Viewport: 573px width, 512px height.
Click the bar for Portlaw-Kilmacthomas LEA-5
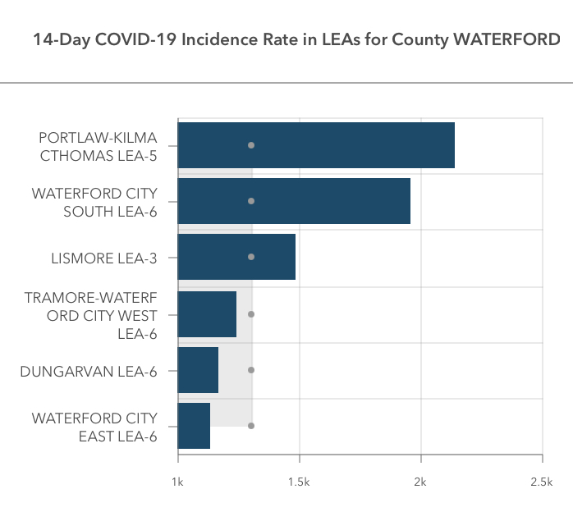316,145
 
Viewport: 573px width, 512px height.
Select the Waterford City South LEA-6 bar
294,201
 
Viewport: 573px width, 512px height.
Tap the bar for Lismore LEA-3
236,257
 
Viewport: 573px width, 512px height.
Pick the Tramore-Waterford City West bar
207,313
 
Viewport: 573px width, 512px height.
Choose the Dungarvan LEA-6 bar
198,370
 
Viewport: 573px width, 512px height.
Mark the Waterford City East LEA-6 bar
194,426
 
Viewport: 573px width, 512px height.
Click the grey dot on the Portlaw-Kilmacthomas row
251,145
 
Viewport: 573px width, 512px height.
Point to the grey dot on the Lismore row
251,257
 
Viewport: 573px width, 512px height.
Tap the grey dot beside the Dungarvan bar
251,370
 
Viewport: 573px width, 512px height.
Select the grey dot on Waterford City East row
251,426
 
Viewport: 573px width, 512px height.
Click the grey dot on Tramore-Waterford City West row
251,313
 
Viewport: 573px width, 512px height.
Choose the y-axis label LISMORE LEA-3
103,258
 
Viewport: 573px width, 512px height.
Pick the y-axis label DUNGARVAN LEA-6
89,371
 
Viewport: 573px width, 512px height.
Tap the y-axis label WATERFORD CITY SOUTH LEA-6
94,202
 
